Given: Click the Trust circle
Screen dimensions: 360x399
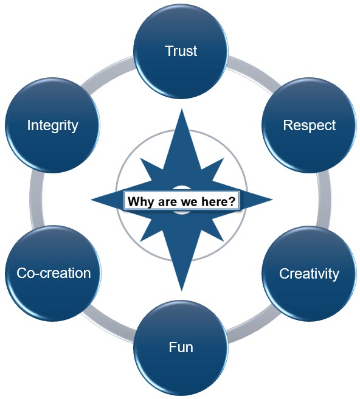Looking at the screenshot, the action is [181, 51].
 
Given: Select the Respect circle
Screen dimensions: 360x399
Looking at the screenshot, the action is [309, 125].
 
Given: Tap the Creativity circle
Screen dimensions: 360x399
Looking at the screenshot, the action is [309, 274].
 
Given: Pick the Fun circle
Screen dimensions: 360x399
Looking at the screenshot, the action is [181, 347].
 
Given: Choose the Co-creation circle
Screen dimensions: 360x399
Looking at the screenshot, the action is [53, 274].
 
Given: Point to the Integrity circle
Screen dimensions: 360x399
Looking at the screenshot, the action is [53, 125].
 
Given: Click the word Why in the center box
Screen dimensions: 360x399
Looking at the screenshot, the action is [140, 202].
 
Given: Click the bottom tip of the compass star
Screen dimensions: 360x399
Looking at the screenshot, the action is [181, 291].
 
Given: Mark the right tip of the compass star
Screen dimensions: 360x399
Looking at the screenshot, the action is [272, 199].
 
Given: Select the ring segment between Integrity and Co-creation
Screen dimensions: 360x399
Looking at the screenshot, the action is [36, 199].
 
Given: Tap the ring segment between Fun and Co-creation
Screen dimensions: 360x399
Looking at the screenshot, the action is [107, 328].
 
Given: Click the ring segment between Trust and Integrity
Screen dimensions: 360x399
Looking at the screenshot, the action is [107, 71].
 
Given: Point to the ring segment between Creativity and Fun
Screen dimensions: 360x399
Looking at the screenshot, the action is [254, 328].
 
